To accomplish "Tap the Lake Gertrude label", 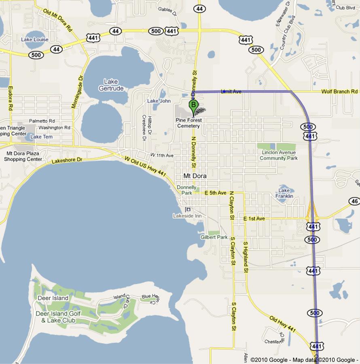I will [111, 85].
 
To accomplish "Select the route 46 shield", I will [354, 201].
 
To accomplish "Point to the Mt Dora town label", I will [195, 176].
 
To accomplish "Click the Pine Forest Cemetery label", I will [188, 123].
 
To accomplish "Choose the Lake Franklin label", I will [284, 193].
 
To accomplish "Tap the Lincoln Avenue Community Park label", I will [279, 155].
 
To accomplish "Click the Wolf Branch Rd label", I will [340, 92].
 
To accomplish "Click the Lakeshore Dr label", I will [67, 160].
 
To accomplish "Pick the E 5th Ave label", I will [215, 193].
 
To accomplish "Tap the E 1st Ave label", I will [254, 219].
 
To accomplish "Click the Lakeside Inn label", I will [187, 216].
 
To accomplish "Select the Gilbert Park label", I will [214, 237].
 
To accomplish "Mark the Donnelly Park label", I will [186, 190].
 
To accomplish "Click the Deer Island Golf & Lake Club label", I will [58, 317].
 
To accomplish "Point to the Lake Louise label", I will [35, 40].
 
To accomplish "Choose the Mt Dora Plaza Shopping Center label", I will [23, 156].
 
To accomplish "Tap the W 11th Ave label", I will [162, 155].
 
